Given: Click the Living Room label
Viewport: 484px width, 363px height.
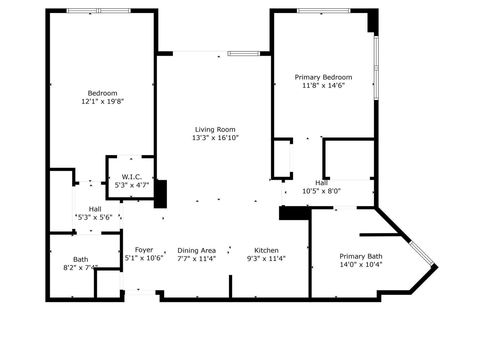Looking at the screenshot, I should coord(215,130).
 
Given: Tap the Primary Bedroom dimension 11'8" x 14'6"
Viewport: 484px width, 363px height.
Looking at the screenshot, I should coord(323,85).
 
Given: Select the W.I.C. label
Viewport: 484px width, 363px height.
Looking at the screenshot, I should coord(132,177).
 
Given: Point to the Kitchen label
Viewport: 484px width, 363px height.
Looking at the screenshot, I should coord(266,250).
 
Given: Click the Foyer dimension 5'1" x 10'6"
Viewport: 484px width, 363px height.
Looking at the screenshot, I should coord(144,258).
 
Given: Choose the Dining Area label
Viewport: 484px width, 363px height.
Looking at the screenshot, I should coord(196,251).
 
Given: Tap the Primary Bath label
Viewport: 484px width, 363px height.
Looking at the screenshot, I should coord(361,256).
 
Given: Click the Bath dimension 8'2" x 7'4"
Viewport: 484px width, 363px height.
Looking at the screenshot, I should coord(80,267).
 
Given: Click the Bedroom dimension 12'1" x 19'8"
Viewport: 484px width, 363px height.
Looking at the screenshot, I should coord(102,101).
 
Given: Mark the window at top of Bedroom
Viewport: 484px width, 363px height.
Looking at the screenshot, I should coord(99,11).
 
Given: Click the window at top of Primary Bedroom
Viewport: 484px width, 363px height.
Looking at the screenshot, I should coord(323,11).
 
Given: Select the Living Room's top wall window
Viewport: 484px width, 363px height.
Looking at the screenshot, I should coord(244,53).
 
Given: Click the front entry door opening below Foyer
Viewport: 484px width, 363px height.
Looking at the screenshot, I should coord(140,292).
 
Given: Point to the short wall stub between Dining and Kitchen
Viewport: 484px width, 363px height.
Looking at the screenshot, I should coord(230,286).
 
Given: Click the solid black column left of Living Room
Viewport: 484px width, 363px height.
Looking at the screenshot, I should coord(161,194).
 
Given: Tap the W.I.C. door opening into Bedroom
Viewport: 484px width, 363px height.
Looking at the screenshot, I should coord(129,157).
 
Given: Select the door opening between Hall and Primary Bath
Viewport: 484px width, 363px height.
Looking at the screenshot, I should coord(345,208).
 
